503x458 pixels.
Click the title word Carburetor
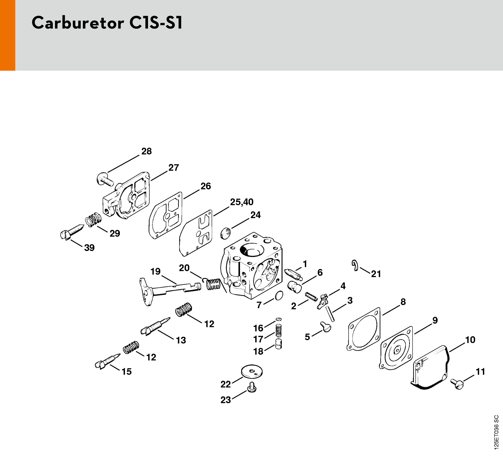tap(78, 23)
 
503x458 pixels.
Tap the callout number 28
tap(146, 151)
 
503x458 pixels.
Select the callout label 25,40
tap(242, 202)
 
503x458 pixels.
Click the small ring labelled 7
tap(279, 295)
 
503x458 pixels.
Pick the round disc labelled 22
tap(251, 372)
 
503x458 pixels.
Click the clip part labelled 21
tap(355, 265)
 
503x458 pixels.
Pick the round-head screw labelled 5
tap(326, 327)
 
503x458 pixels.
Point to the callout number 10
tap(470, 340)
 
